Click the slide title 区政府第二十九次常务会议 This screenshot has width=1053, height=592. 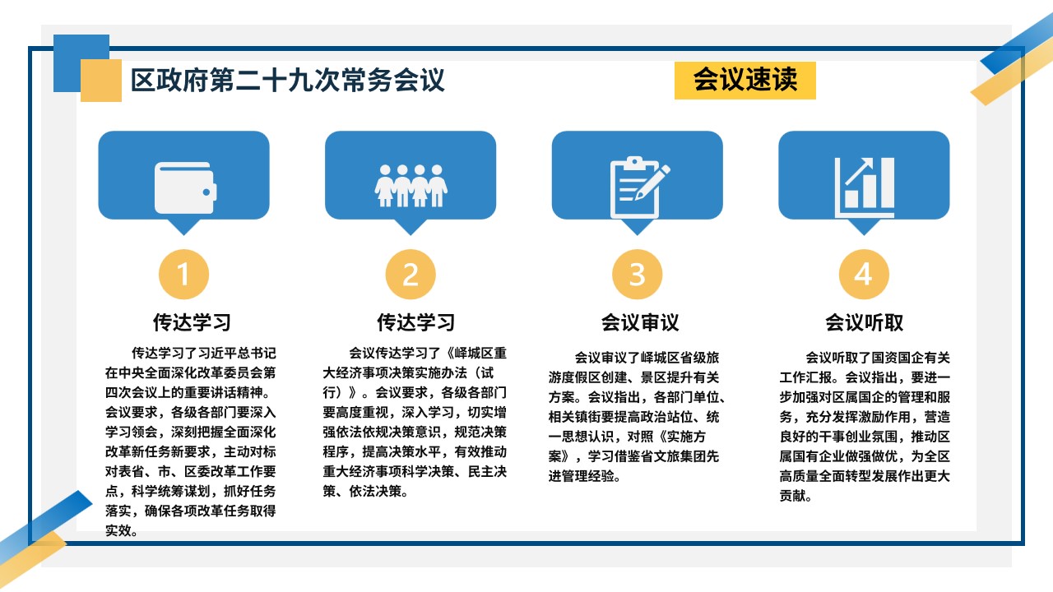287,80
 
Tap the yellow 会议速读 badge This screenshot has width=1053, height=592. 745,81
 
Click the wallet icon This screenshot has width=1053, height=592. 186,188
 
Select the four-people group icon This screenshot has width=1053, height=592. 411,186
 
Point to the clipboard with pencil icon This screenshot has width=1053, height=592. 639,187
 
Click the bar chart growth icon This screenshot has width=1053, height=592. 864,187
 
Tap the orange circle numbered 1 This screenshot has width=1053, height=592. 183,275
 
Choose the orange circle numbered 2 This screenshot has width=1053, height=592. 411,275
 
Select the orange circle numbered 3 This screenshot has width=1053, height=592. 637,275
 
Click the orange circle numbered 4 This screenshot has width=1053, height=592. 864,275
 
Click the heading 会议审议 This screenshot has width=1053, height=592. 640,323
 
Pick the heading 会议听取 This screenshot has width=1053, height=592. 864,323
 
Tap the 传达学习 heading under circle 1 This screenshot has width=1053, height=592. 192,323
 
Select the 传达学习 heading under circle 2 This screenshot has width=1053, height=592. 416,323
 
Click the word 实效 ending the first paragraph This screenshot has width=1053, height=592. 118,530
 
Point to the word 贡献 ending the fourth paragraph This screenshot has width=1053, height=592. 792,496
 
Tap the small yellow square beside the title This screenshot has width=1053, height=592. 101,81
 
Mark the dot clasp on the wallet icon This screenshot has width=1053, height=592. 206,192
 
